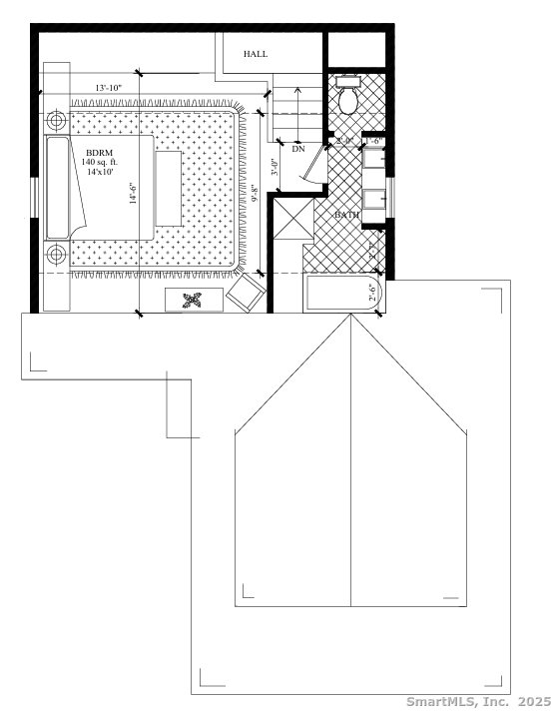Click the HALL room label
pos(256,54)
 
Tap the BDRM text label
pos(100,152)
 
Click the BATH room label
pos(346,215)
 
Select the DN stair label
pos(297,148)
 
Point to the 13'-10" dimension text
pos(108,89)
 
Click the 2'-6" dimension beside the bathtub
pos(373,294)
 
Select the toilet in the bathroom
pos(348,99)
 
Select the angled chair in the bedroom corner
pos(246,294)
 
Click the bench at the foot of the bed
pos(168,188)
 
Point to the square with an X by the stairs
pos(291,220)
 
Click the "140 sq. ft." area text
pos(100,162)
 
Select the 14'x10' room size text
pos(100,172)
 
